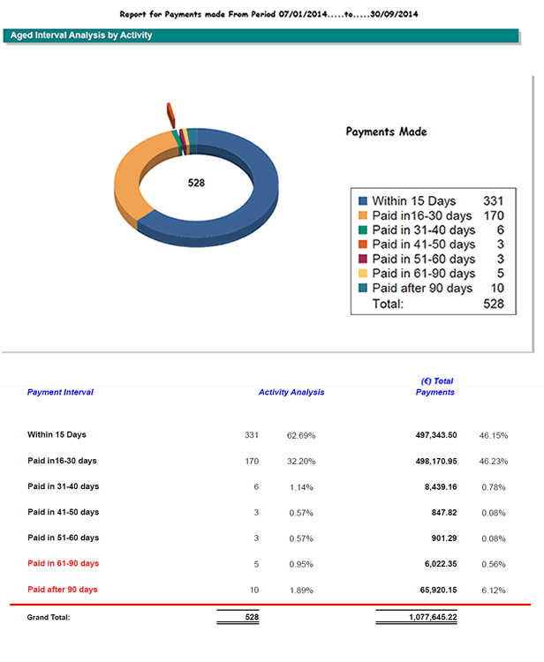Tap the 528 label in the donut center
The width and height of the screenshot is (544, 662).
coord(196,183)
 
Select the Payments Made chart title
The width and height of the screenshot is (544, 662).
coord(386,132)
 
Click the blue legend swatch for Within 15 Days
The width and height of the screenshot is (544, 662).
coord(361,201)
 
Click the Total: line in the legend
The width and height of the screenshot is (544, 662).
coord(388,303)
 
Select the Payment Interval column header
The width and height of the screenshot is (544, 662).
coord(60,392)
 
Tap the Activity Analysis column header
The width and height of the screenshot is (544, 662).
coord(291,392)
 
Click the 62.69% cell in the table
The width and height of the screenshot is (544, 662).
coord(301,435)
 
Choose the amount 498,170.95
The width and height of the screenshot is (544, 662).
coord(427,461)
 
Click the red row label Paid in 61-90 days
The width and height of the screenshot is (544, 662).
coord(63,563)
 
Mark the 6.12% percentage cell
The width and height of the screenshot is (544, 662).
coord(492,590)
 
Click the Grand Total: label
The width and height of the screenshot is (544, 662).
coord(49,617)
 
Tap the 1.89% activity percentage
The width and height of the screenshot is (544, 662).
coord(301,590)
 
